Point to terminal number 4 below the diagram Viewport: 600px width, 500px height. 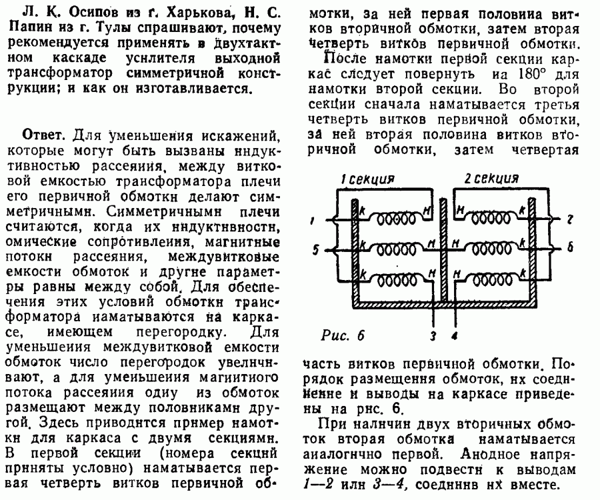click(455, 336)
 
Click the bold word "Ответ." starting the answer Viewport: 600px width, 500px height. click(44, 134)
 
